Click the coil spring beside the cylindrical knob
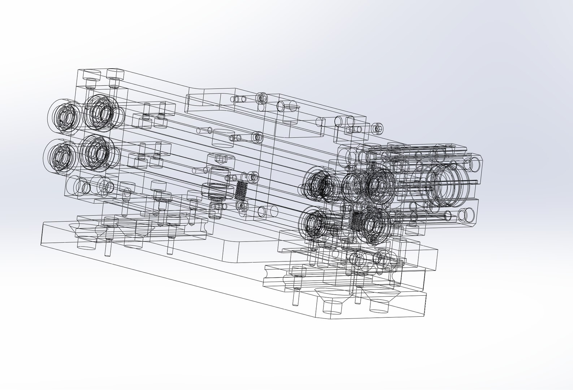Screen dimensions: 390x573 point(241,190)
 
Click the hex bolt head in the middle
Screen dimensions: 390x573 point(220,158)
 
